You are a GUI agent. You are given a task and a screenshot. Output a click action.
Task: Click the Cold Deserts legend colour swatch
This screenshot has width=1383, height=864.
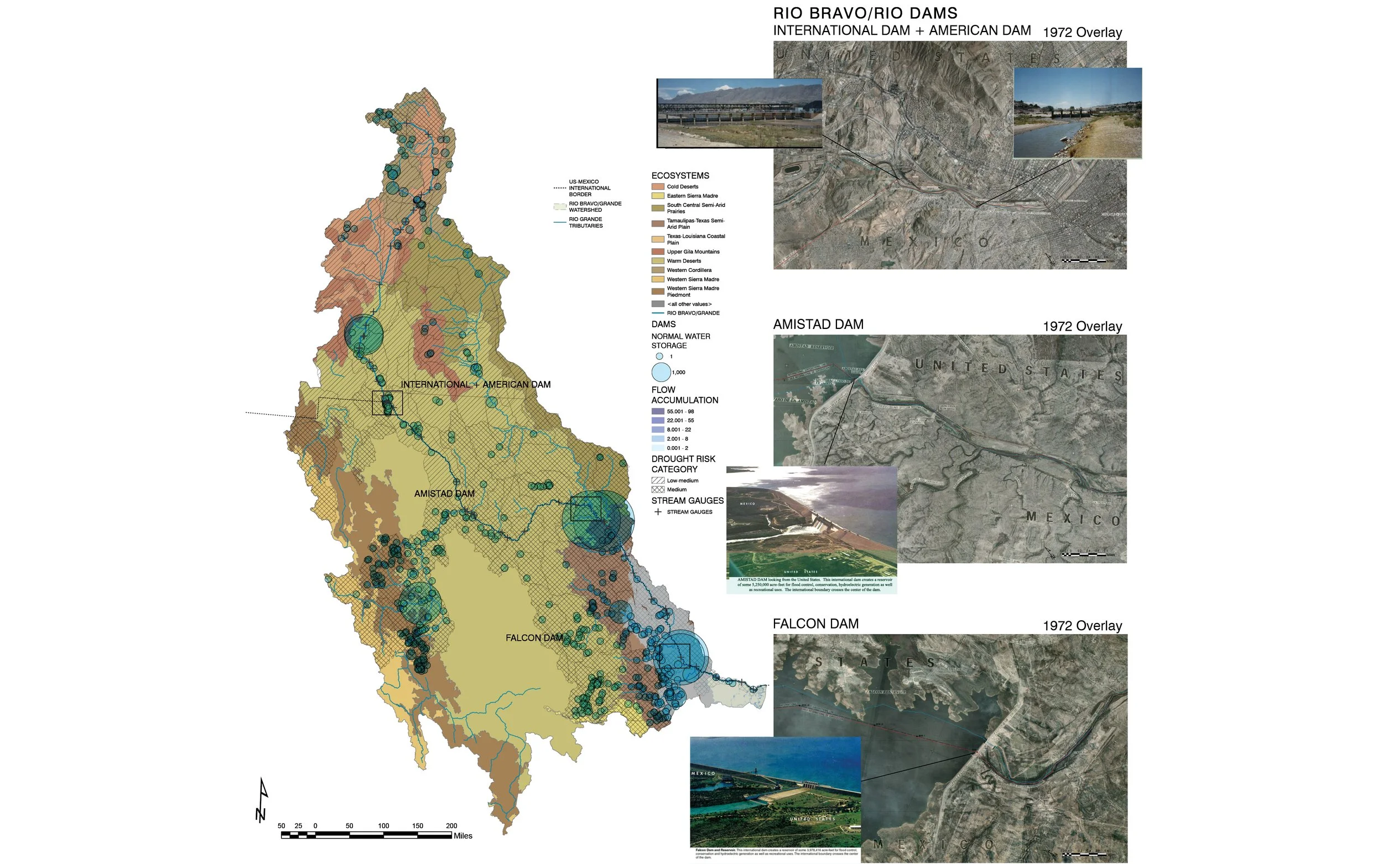(658, 186)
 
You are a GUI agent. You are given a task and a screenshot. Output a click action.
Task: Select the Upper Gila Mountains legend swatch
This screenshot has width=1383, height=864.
(658, 252)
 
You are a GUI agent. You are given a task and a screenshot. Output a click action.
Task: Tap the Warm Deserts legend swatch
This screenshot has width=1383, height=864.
(658, 260)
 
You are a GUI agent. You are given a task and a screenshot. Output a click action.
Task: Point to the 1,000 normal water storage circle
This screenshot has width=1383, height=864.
(661, 373)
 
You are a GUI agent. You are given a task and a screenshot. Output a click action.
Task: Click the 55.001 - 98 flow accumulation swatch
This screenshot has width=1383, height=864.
(658, 411)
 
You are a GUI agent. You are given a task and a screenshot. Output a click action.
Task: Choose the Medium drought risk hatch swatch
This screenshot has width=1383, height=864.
(658, 490)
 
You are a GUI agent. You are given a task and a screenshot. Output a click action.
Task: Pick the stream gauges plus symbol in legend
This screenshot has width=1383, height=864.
(658, 512)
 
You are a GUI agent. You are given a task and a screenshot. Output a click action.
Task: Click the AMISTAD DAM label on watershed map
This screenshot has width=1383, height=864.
(444, 494)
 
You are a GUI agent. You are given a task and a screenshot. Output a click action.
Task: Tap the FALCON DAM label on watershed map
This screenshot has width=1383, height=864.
(534, 638)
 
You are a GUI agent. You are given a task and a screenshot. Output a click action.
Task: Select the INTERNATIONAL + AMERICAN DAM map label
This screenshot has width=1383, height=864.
(475, 385)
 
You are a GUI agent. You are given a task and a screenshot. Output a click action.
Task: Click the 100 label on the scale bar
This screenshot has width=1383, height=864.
(383, 826)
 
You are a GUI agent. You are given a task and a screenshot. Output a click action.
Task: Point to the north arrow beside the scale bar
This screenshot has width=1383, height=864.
(262, 800)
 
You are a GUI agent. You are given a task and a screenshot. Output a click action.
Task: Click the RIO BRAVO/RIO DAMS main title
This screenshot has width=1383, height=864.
(865, 13)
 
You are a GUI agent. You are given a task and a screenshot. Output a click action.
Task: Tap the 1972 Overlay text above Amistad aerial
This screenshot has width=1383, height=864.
(1082, 326)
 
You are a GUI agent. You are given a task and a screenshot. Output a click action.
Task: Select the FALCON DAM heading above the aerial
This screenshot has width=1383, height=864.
(815, 624)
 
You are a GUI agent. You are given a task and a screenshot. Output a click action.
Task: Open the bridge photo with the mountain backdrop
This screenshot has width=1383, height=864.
(739, 113)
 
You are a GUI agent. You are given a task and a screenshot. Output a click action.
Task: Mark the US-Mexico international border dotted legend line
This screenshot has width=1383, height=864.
(560, 188)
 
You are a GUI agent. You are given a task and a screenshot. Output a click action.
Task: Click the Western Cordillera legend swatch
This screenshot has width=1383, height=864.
(658, 270)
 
